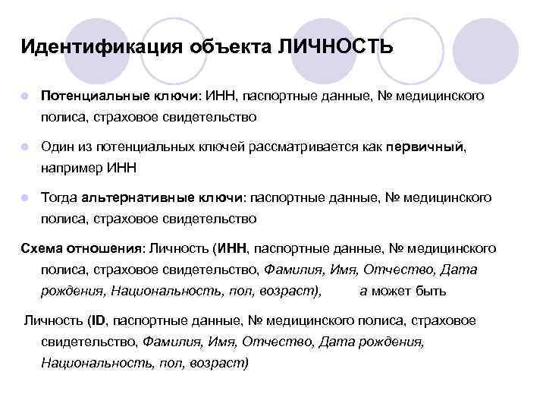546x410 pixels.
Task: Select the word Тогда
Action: point(60,197)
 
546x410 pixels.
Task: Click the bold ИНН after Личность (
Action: point(232,248)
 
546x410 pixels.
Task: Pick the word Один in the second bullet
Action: point(57,147)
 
